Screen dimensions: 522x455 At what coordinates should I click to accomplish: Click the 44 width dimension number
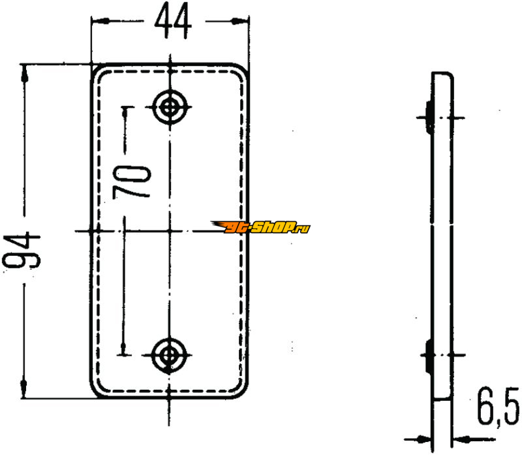173,22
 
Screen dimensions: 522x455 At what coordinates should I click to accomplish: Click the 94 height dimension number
22,251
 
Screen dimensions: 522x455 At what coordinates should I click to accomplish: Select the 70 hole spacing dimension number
132,182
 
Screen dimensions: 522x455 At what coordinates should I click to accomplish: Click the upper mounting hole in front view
170,107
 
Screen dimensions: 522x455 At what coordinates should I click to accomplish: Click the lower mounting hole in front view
168,355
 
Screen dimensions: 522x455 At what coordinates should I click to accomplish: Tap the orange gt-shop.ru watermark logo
260,227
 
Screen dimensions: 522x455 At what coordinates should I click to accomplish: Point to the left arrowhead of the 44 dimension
100,22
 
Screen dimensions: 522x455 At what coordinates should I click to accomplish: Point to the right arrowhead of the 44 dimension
240,22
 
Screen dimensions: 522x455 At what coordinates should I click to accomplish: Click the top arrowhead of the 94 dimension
24,73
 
